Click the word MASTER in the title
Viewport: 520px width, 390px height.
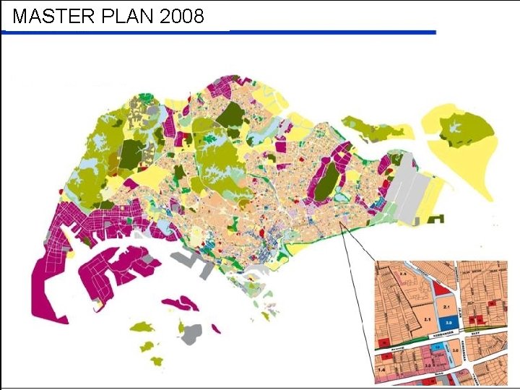click(49, 17)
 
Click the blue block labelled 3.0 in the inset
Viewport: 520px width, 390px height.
click(448, 323)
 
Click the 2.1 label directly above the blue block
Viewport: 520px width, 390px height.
click(448, 307)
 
